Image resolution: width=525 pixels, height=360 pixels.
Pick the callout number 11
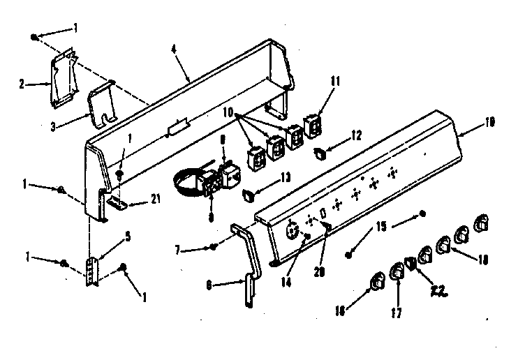coord(334,81)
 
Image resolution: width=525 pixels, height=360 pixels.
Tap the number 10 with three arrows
coord(228,112)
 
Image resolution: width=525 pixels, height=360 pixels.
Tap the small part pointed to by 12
coord(318,152)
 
